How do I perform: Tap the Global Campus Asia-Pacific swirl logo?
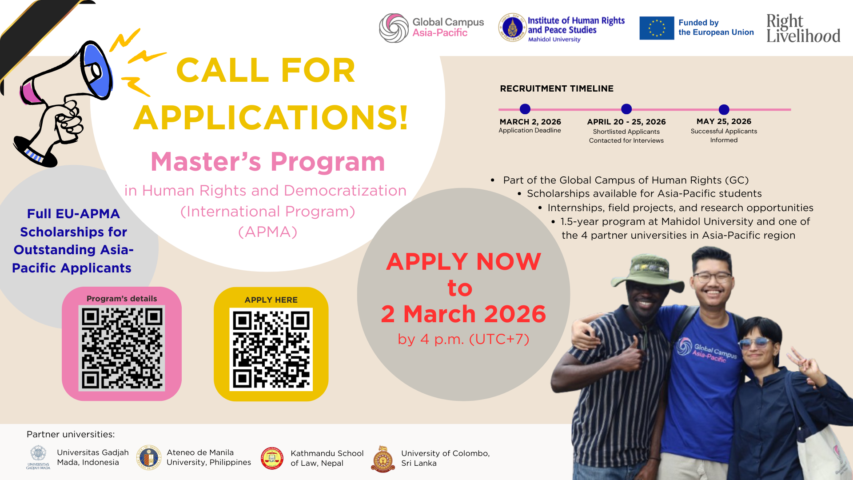coord(394,28)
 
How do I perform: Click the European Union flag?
coord(657,28)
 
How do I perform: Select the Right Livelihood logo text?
coord(803,28)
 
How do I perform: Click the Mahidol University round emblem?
coord(512,28)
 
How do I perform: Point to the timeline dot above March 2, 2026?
coord(525,109)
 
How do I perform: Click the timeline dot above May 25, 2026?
coord(724,109)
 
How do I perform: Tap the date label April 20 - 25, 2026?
coord(626,122)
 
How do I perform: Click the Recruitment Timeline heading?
coord(557,88)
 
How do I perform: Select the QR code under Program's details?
coord(122,348)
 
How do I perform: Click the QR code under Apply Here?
coord(271,349)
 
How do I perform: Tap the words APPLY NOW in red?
coord(464,261)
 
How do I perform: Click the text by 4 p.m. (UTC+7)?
coord(464,339)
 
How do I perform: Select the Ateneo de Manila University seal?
coord(149,457)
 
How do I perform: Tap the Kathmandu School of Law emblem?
coord(272,459)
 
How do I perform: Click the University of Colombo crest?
coord(383,459)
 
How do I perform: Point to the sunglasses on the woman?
coord(756,343)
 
